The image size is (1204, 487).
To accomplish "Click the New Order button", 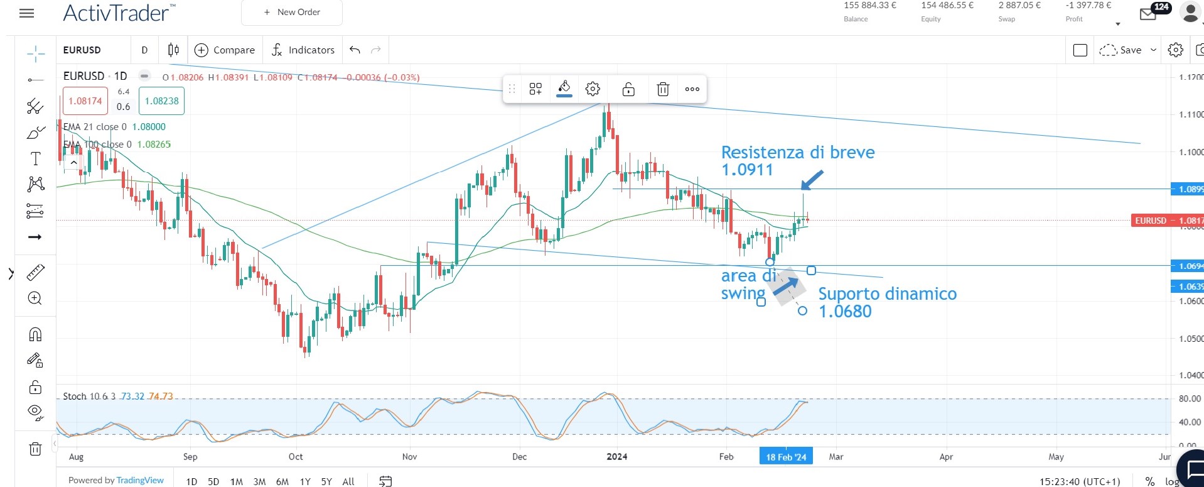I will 292,13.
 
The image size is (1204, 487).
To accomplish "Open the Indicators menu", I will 303,50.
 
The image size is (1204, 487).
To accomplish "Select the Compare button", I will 225,50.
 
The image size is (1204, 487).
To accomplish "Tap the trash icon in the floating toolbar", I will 663,89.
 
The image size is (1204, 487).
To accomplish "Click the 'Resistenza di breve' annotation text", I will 797,153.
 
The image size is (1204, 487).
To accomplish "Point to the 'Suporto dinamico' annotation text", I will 887,294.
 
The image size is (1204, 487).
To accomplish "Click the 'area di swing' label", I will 747,284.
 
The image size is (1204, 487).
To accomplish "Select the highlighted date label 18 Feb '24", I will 786,457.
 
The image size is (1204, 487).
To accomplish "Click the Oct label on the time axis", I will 295,457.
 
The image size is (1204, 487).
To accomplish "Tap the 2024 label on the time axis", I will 616,457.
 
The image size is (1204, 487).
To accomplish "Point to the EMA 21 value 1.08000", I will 149,127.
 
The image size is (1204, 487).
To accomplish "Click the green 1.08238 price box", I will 161,101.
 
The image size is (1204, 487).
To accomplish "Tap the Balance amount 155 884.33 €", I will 869,6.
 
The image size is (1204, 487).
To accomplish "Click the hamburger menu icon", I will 27,13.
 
